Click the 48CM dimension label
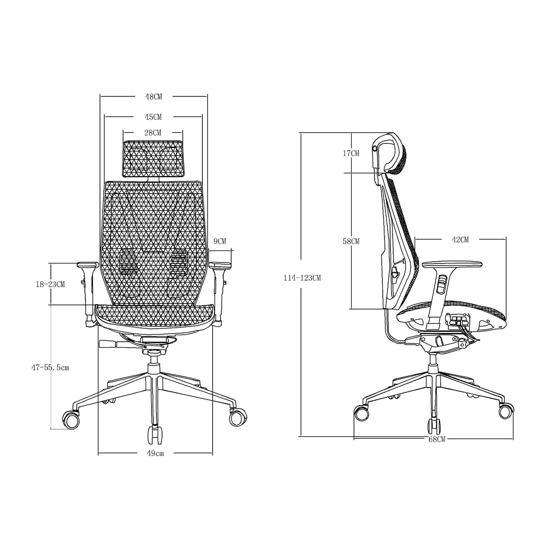point(154,97)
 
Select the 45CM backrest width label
point(153,117)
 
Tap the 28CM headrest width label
point(153,132)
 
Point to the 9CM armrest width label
point(220,241)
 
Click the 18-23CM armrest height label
point(50,284)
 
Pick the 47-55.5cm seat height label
point(50,368)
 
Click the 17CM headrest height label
point(351,153)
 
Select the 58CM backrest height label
point(351,241)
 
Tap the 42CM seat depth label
point(460,240)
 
